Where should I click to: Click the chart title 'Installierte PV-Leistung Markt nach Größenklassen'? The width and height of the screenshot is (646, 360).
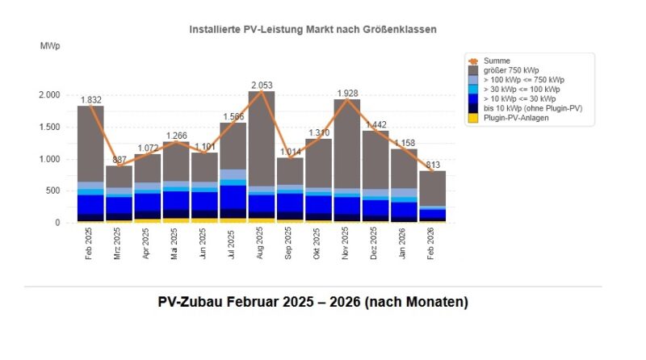pos(313,29)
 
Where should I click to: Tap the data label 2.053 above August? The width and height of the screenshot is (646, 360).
pos(262,85)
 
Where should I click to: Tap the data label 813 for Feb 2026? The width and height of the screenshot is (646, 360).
pos(433,164)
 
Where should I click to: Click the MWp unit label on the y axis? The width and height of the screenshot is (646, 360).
pos(50,47)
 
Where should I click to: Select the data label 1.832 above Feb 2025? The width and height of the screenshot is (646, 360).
pos(91,99)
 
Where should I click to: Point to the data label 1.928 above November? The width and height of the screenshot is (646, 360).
pos(346,93)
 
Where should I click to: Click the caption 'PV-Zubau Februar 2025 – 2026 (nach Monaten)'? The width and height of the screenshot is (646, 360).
pos(313,303)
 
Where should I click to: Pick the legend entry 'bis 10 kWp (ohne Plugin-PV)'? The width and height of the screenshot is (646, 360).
pos(534,108)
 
